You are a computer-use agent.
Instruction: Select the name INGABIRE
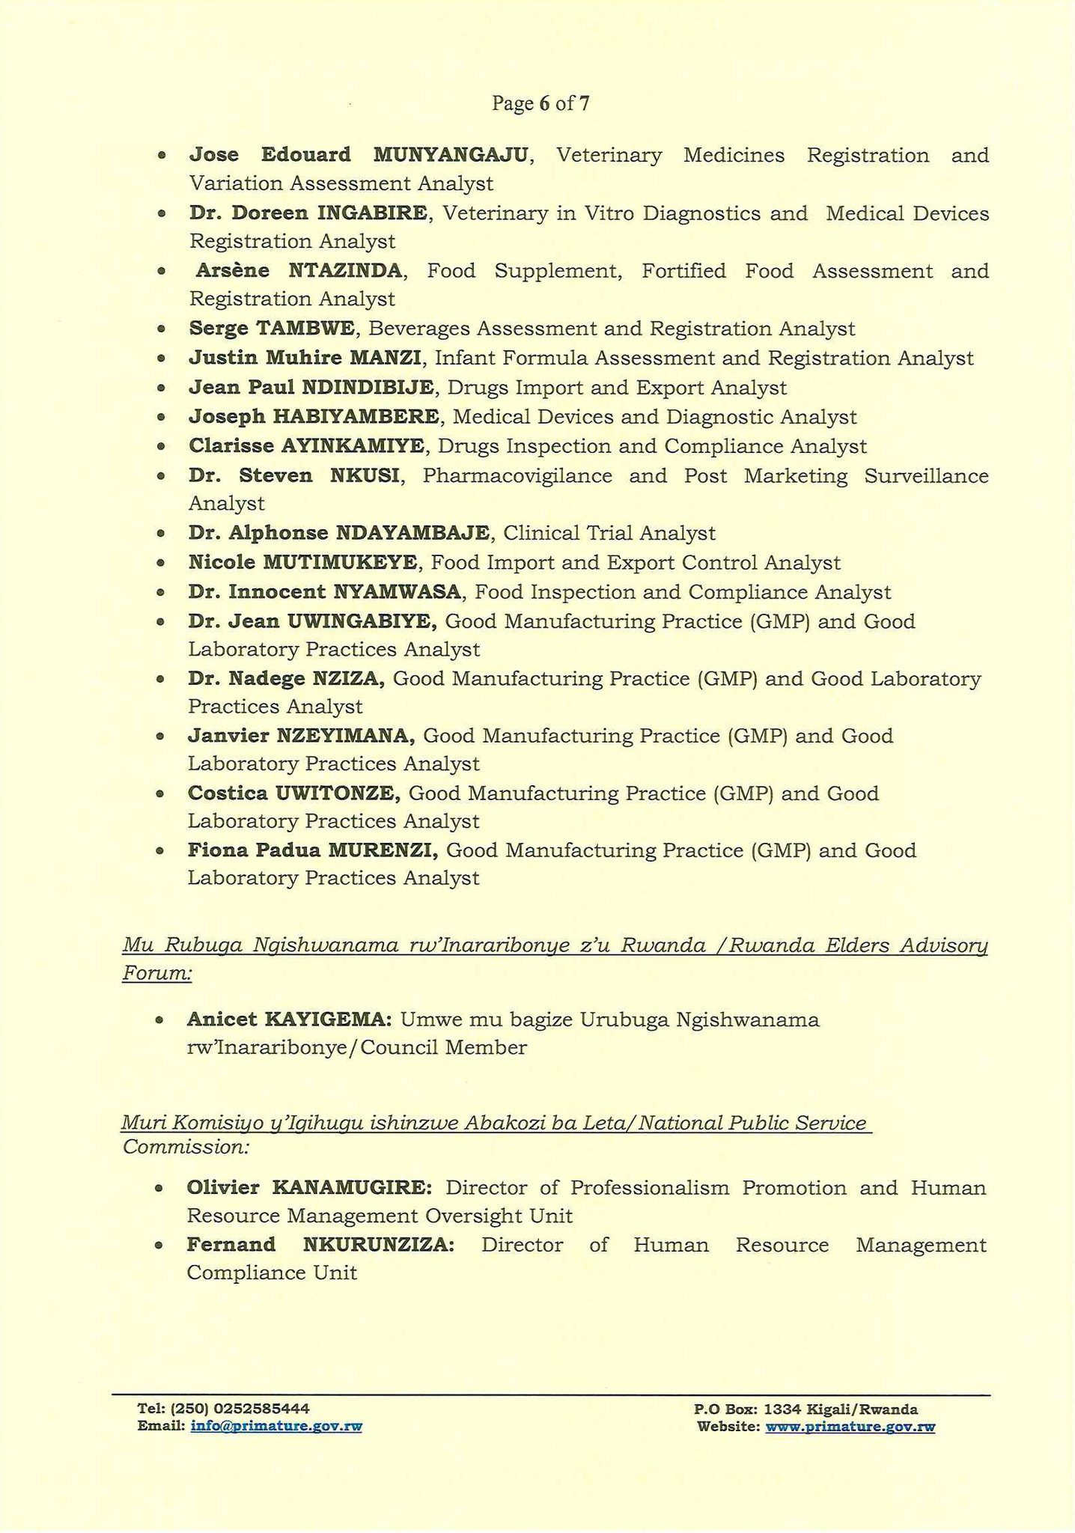pos(372,213)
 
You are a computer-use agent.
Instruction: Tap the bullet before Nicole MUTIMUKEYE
pos(160,563)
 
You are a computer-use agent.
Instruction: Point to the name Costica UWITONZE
pos(294,793)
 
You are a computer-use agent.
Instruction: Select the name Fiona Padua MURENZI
pos(312,851)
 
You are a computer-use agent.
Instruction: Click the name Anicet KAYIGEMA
pos(289,1020)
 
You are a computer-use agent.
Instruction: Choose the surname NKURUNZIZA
pos(378,1246)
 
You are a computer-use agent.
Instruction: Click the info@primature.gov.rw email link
pos(276,1427)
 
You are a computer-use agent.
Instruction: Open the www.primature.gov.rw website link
pos(850,1427)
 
